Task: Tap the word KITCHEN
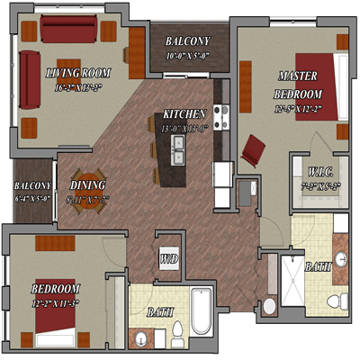185,115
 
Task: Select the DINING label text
88,185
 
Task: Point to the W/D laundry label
168,260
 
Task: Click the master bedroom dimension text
300,110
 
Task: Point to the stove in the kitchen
221,114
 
